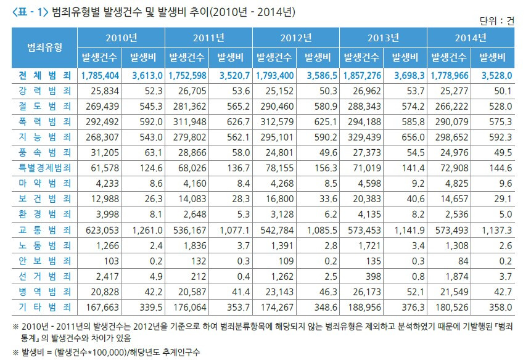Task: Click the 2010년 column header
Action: pos(121,38)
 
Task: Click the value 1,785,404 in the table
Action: pos(99,76)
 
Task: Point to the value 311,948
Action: pos(188,121)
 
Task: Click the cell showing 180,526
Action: pos(450,306)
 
